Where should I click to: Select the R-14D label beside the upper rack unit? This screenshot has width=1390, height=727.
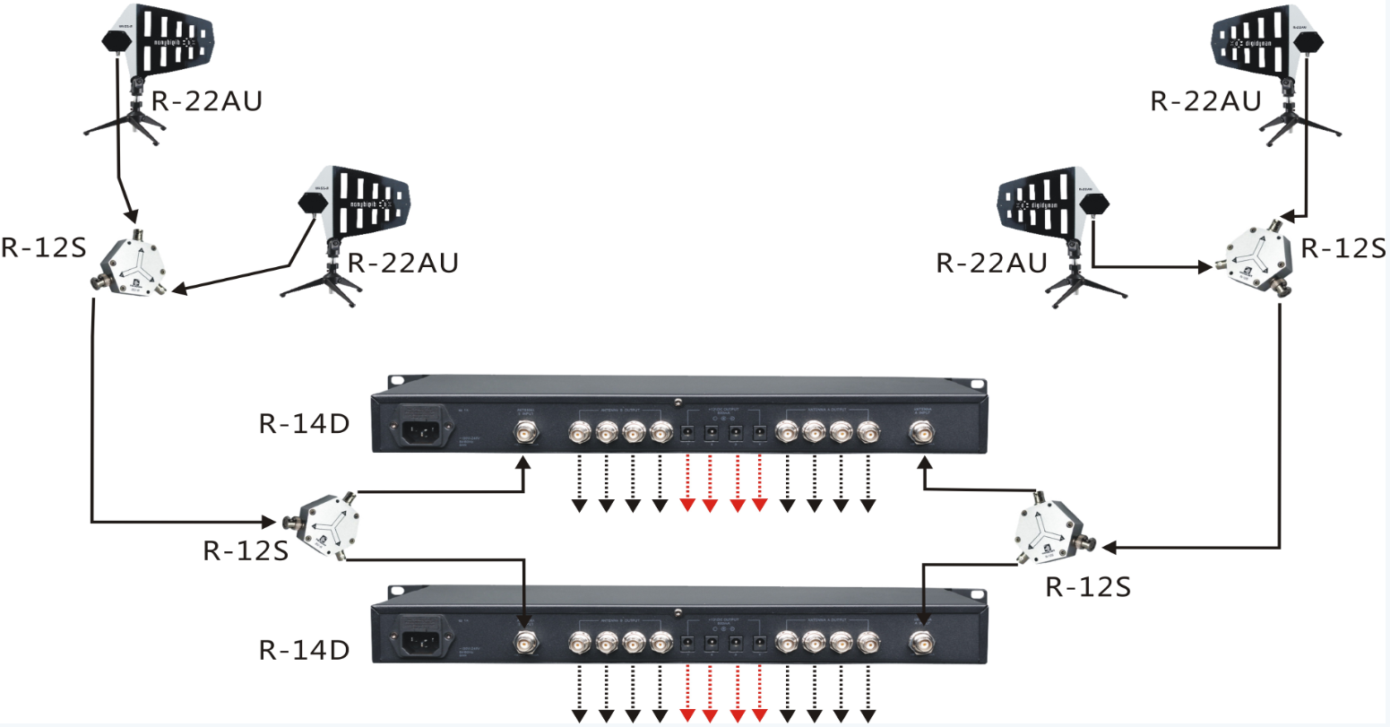pos(304,423)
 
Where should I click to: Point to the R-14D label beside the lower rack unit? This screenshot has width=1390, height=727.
pos(304,650)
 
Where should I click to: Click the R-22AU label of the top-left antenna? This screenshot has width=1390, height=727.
pos(207,101)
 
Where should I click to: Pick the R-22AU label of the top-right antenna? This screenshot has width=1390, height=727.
pos(1205,101)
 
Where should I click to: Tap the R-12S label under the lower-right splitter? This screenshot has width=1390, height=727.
pos(1088,587)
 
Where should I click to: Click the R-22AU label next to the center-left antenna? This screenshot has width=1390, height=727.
pos(402,263)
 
